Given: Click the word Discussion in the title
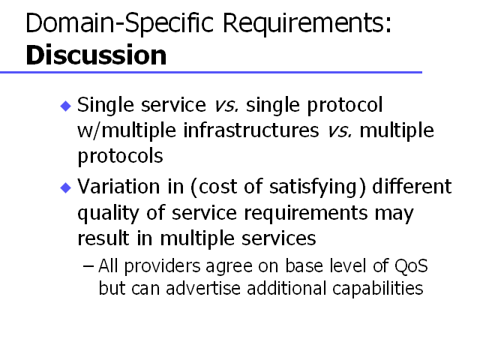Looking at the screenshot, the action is tap(96, 55).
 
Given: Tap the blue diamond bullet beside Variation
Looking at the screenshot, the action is tap(66, 187).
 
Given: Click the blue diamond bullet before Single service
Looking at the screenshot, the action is tap(66, 106).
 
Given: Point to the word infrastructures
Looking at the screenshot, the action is tap(251, 130).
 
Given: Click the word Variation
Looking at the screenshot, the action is tap(118, 187).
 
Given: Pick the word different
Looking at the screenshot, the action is tap(412, 187).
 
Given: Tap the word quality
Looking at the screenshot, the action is tap(108, 214).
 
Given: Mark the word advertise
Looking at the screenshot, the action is tap(203, 288).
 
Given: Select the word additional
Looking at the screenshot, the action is tap(286, 288).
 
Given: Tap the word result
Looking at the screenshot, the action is tap(103, 238).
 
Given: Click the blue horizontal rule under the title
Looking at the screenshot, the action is tap(211, 73).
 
